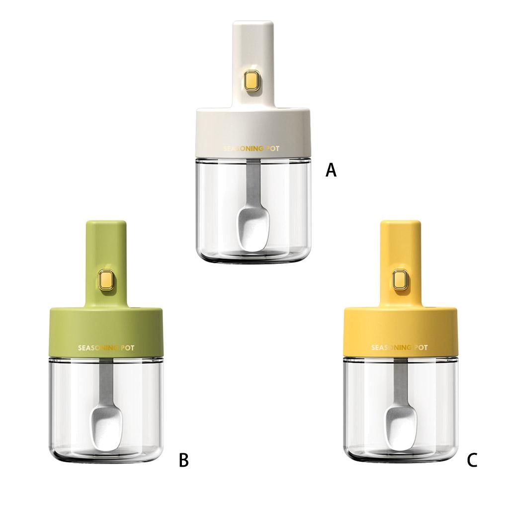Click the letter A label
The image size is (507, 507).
coord(331,170)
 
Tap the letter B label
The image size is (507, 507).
coord(183,460)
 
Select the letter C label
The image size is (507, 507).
coord(472,460)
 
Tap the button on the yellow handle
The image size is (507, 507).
coord(400,279)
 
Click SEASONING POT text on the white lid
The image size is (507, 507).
coord(251,149)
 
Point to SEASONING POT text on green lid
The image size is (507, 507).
coord(106,348)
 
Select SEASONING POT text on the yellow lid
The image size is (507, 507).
coord(399,347)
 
